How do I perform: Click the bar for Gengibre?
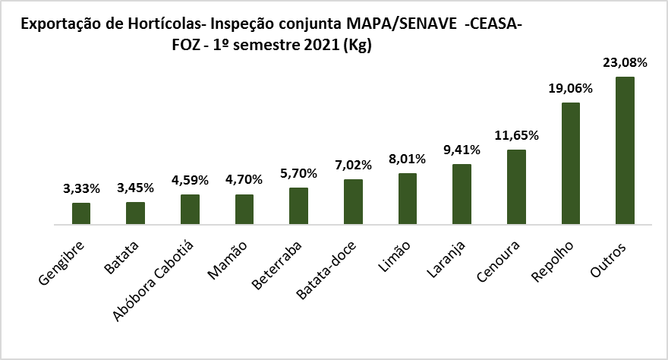(x=81, y=214)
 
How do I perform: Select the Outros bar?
(x=625, y=151)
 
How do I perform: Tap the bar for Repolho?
(x=570, y=164)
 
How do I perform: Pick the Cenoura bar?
(x=516, y=188)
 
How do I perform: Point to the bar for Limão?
(x=408, y=199)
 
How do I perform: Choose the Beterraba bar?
(x=298, y=207)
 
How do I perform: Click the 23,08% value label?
(x=625, y=63)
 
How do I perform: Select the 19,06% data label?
(x=570, y=89)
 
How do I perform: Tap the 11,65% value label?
(x=516, y=136)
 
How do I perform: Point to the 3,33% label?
(x=81, y=188)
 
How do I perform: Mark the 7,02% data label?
(x=353, y=165)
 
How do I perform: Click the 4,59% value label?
(x=190, y=180)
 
